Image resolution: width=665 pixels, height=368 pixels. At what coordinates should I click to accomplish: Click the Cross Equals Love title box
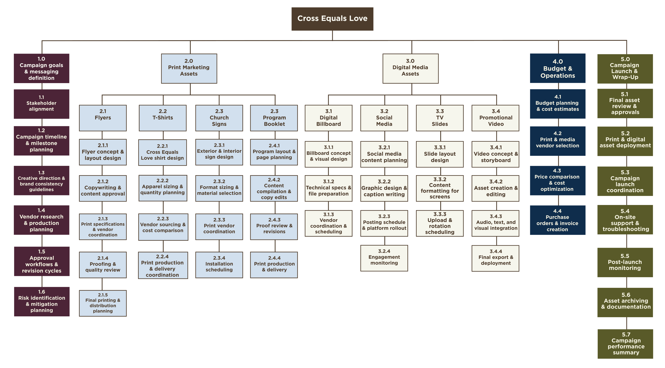[x=332, y=19]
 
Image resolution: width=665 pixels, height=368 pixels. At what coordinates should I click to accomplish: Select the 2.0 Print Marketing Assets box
[x=189, y=68]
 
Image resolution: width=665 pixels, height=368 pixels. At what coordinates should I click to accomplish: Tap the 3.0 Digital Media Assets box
[x=410, y=68]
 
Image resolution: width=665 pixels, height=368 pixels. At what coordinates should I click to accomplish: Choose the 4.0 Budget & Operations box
[x=558, y=68]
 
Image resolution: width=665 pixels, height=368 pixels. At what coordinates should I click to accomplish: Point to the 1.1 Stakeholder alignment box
[x=41, y=104]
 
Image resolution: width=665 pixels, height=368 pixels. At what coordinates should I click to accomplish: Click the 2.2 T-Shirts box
[x=163, y=118]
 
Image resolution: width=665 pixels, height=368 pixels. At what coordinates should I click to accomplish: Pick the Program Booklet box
[x=274, y=118]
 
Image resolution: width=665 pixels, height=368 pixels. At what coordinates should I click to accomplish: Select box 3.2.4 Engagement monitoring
[x=384, y=258]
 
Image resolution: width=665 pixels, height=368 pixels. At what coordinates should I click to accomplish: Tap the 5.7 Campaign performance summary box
[x=625, y=344]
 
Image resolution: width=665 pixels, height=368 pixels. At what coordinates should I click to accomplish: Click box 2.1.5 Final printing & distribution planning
[x=103, y=303]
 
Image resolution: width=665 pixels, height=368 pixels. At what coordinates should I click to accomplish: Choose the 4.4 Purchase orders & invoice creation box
[x=558, y=220]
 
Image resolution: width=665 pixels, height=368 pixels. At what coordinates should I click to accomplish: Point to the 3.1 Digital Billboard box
[x=329, y=118]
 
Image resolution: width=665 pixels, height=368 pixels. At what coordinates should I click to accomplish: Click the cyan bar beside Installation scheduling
[x=247, y=267]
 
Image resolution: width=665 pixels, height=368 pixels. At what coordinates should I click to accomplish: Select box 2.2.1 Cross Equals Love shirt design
[x=163, y=152]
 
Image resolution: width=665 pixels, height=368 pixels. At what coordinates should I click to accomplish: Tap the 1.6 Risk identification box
[x=42, y=301]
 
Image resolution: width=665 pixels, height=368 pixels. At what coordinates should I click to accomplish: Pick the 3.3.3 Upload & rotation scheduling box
[x=440, y=223]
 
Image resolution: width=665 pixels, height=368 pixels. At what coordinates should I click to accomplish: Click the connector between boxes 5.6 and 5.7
[x=627, y=323]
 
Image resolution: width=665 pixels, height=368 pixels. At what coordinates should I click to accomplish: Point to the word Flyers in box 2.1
[x=103, y=118]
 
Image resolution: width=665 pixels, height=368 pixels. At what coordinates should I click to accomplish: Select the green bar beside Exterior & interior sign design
[x=246, y=152]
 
